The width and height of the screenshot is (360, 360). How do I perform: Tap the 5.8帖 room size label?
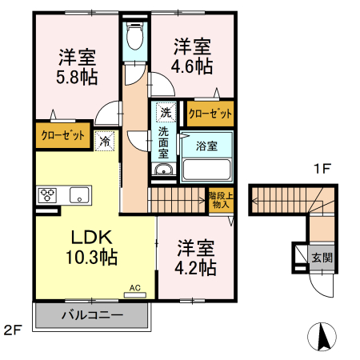click(x=77, y=78)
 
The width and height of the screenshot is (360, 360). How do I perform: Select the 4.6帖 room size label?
click(x=194, y=66)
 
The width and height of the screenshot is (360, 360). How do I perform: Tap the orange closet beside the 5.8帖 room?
click(x=63, y=136)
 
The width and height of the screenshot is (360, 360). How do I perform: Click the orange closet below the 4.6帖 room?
click(x=210, y=114)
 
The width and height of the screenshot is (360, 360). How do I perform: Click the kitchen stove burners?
click(x=47, y=194)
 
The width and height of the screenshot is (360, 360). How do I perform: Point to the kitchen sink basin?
click(x=81, y=194)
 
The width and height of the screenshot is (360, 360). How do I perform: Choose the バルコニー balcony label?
click(x=92, y=315)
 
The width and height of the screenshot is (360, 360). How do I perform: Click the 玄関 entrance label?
click(x=321, y=258)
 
